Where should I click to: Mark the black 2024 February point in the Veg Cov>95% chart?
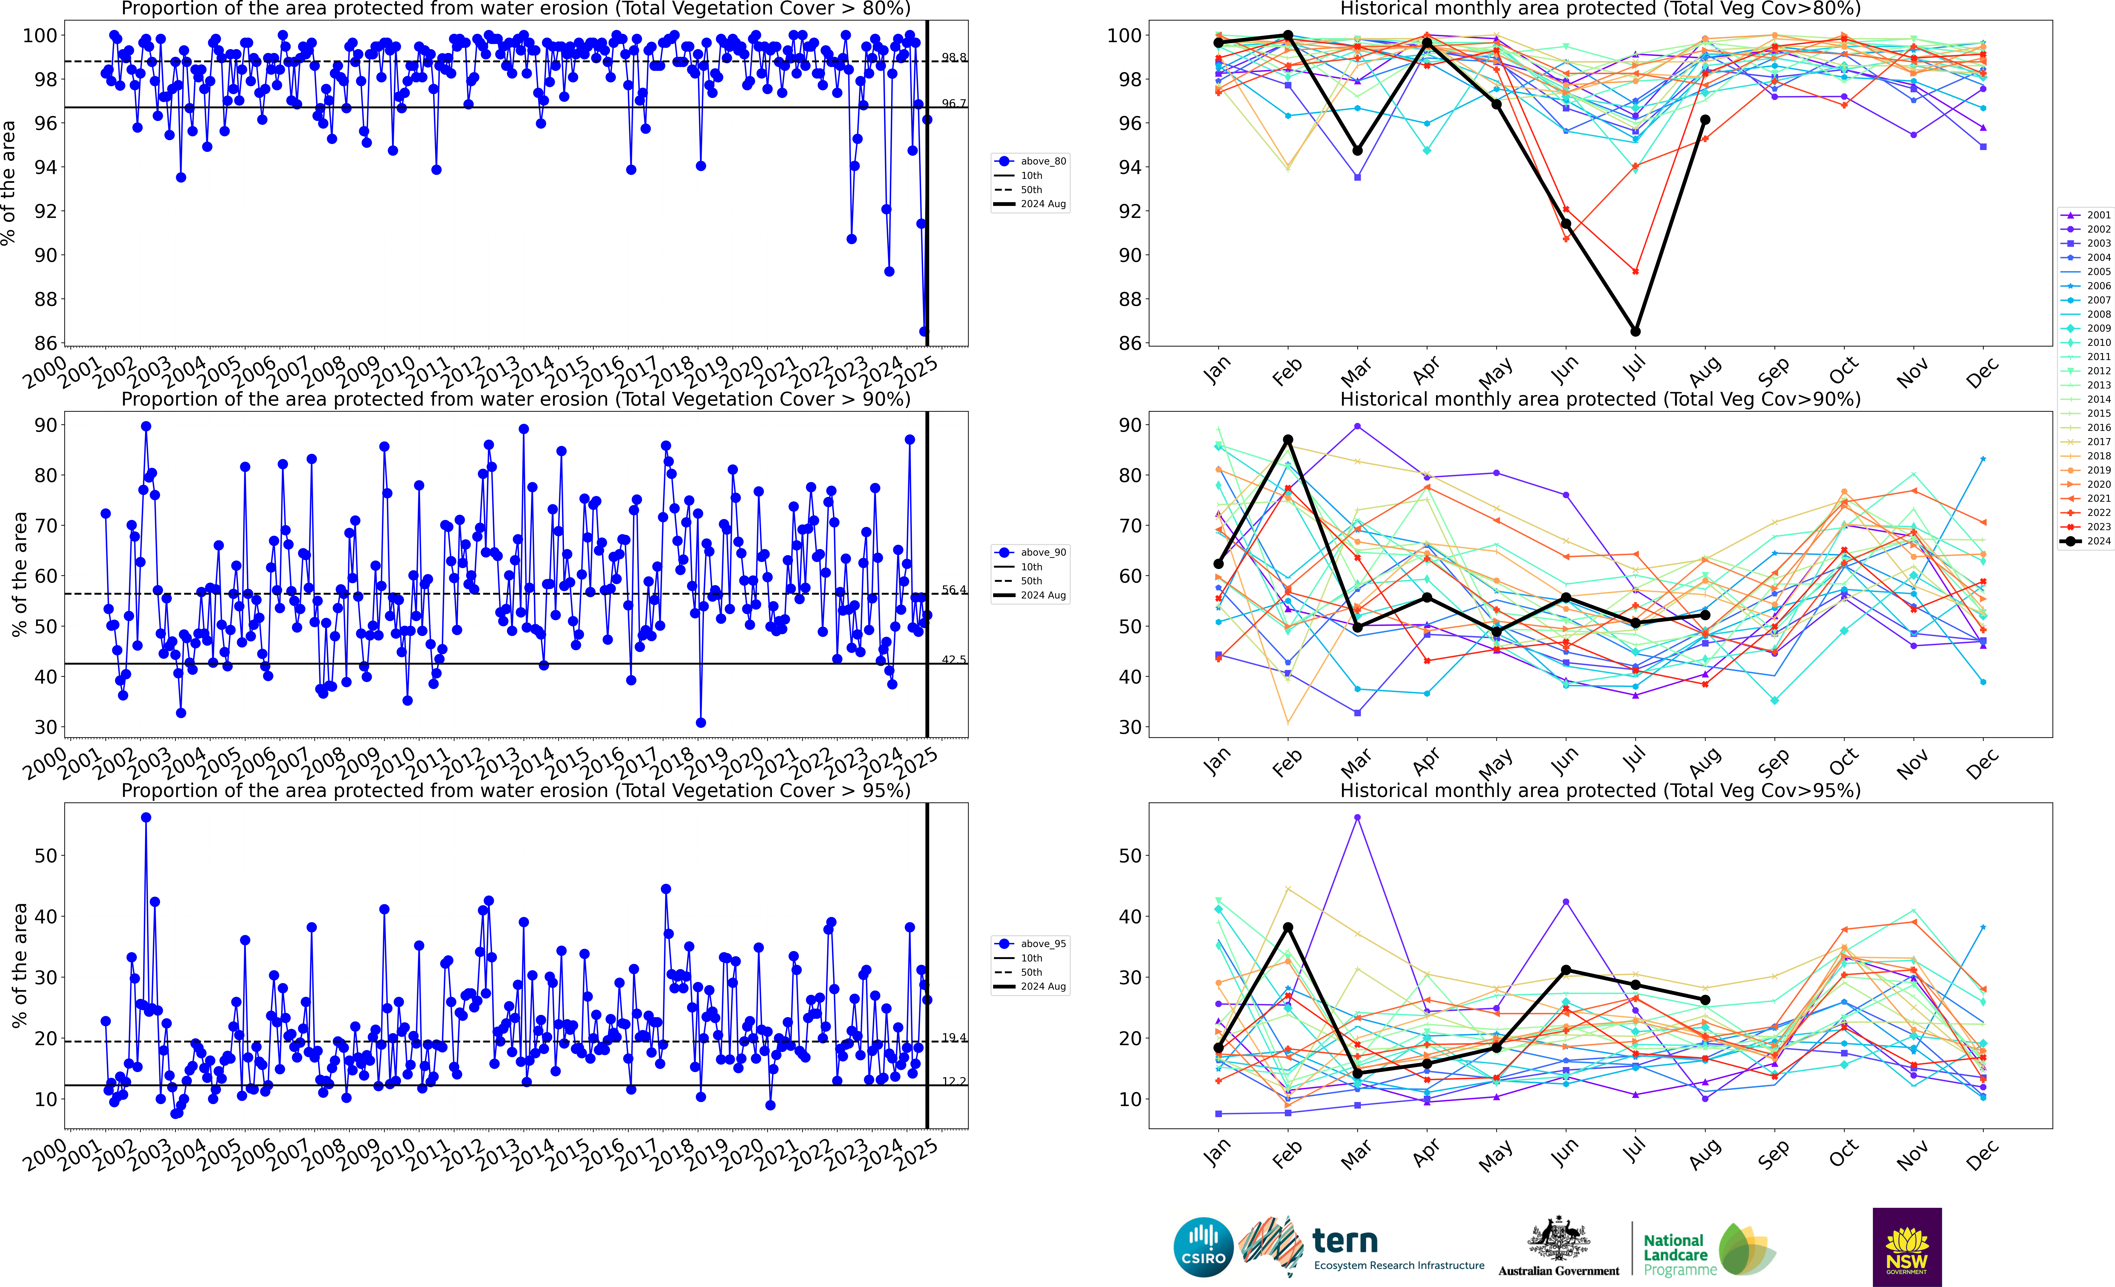click(x=1288, y=927)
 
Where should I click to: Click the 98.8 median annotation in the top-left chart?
click(x=954, y=58)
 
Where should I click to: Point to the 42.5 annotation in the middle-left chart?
click(x=954, y=660)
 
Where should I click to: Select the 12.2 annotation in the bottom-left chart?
click(x=954, y=1081)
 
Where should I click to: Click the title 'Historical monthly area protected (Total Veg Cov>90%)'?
click(x=1600, y=399)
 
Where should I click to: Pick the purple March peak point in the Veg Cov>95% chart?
click(x=1357, y=818)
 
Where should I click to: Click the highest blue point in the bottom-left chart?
click(x=146, y=818)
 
